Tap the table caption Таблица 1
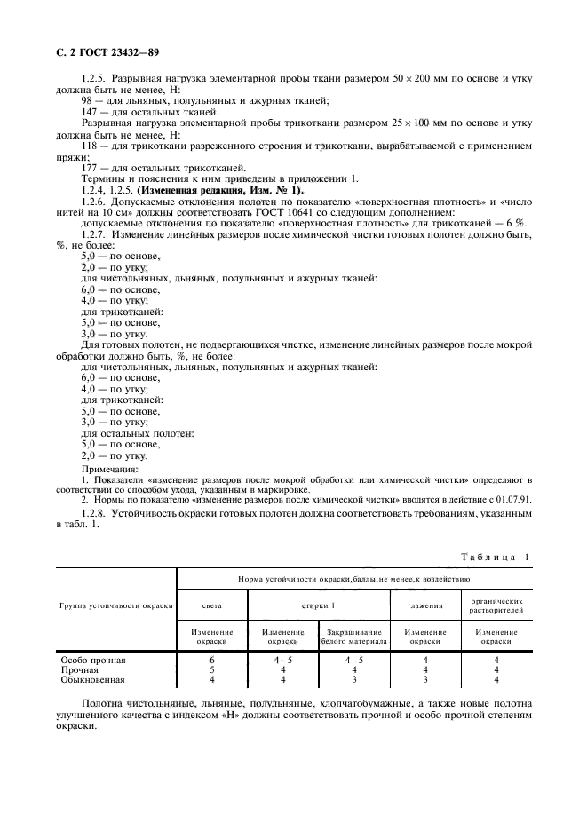click(494, 557)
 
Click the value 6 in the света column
click(211, 661)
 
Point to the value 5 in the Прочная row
click(211, 670)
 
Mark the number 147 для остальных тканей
click(90, 113)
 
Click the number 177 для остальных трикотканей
click(90, 167)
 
